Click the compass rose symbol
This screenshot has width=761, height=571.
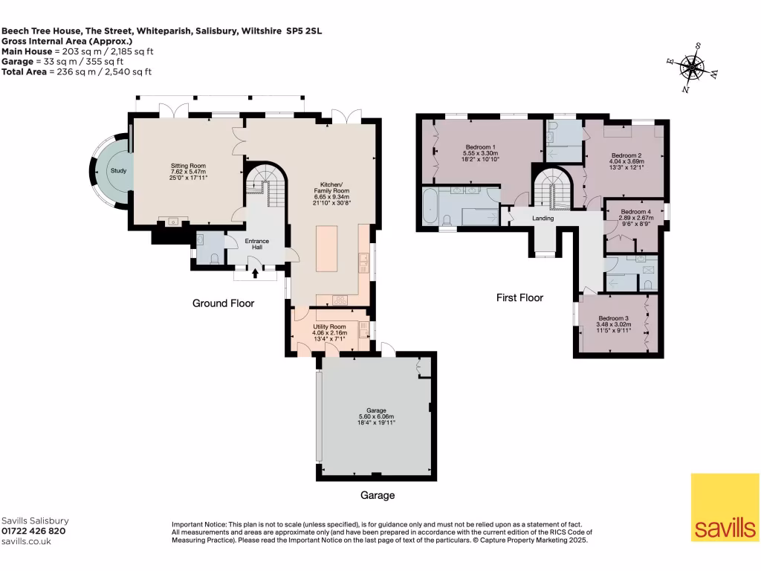[692, 68]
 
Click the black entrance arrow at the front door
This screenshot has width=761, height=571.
[256, 274]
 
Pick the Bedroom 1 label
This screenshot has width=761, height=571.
[481, 146]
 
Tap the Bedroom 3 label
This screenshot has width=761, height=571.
[615, 318]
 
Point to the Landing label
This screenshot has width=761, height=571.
[543, 218]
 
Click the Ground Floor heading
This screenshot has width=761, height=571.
[223, 303]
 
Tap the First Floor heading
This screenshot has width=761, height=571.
[519, 297]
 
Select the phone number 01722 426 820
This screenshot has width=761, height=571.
[33, 531]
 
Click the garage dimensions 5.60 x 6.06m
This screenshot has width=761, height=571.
[375, 416]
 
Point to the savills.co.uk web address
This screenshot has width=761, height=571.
[26, 541]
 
